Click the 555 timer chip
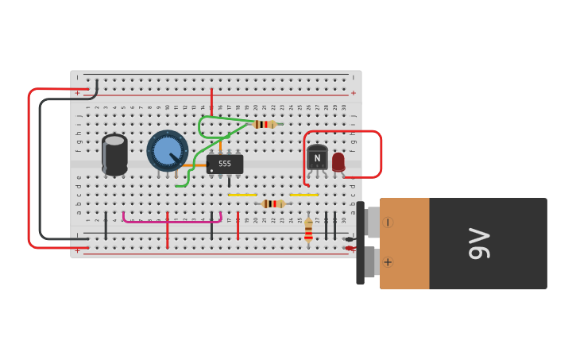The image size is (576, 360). point(225,164)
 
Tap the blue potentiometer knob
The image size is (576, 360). point(168,150)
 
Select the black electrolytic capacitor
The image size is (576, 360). point(114,154)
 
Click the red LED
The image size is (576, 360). point(338,161)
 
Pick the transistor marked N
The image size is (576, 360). point(317,157)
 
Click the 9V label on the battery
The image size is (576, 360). point(479,243)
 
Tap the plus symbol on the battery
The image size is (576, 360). point(388,262)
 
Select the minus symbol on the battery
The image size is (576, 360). point(388,223)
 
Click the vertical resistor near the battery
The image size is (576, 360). point(308,230)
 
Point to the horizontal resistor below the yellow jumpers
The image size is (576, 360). point(273,204)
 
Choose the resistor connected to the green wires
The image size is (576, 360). point(265,124)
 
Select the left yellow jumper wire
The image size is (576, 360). point(242,195)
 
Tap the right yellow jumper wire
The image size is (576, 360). point(303,195)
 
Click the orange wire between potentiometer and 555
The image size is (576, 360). point(195,165)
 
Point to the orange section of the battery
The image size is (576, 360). point(405,243)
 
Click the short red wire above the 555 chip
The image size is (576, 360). point(211,99)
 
